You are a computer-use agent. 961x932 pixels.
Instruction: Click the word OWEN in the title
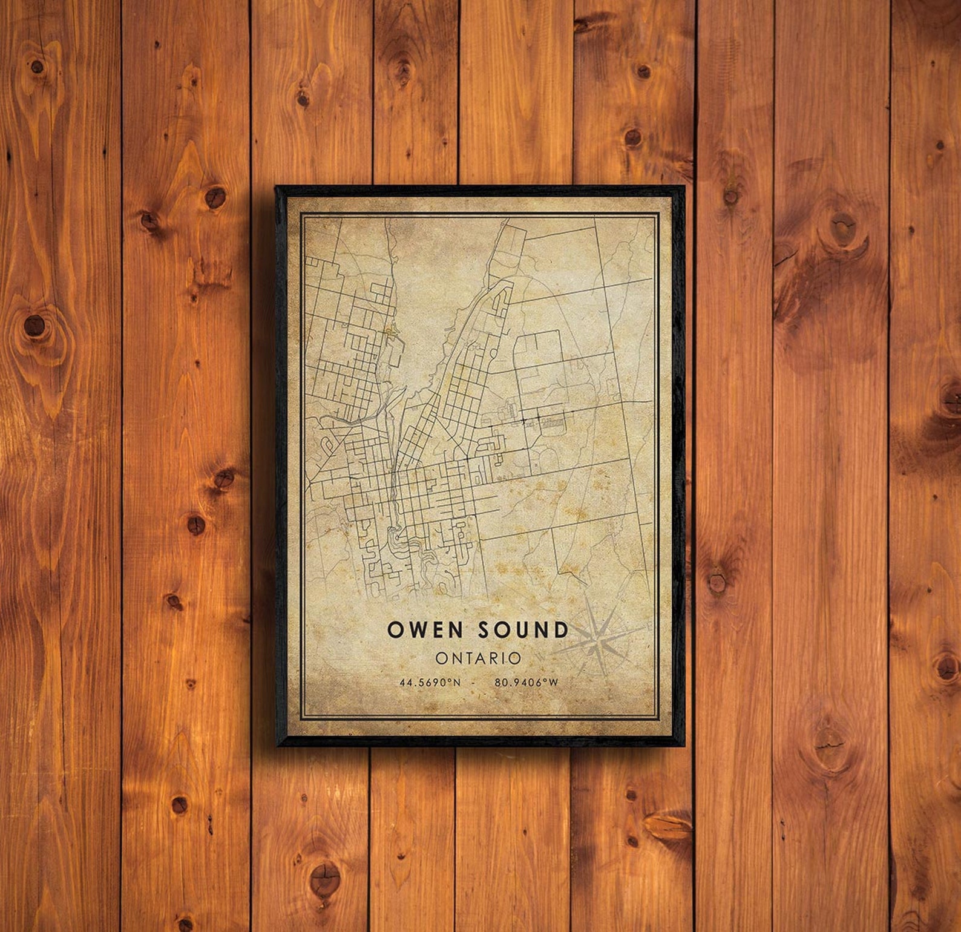[x=425, y=629]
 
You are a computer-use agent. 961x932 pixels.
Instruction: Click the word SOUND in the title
[x=523, y=629]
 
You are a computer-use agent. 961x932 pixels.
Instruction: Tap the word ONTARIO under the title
[x=478, y=658]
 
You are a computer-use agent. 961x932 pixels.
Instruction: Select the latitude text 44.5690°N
[x=430, y=683]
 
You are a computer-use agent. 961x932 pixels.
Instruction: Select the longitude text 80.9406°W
[x=526, y=683]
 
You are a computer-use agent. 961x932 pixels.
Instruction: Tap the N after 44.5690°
[x=457, y=683]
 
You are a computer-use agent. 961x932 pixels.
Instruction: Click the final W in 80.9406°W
[x=553, y=683]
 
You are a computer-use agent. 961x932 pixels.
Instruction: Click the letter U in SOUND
[x=523, y=629]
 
